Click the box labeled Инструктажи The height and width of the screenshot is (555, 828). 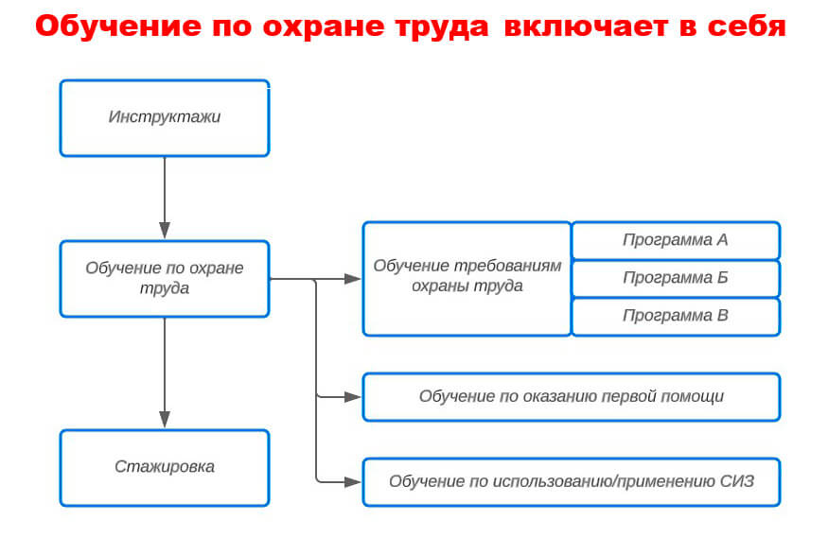(165, 118)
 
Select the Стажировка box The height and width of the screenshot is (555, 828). (165, 468)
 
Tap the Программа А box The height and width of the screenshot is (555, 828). (676, 240)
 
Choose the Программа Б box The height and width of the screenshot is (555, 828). (676, 279)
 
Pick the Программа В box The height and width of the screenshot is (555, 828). (676, 317)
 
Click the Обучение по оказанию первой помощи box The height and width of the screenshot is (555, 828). (572, 397)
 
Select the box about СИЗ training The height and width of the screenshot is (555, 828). (572, 482)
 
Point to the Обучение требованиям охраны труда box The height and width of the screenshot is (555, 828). (467, 279)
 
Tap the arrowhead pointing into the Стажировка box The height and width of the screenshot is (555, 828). (165, 420)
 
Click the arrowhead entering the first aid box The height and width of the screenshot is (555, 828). (352, 397)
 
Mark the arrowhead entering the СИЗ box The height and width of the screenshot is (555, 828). (352, 481)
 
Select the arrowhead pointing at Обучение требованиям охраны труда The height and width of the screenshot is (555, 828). (352, 279)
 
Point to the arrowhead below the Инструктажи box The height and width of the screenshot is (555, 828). (165, 231)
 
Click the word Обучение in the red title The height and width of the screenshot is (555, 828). (119, 26)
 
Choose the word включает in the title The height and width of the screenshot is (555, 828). (586, 26)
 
